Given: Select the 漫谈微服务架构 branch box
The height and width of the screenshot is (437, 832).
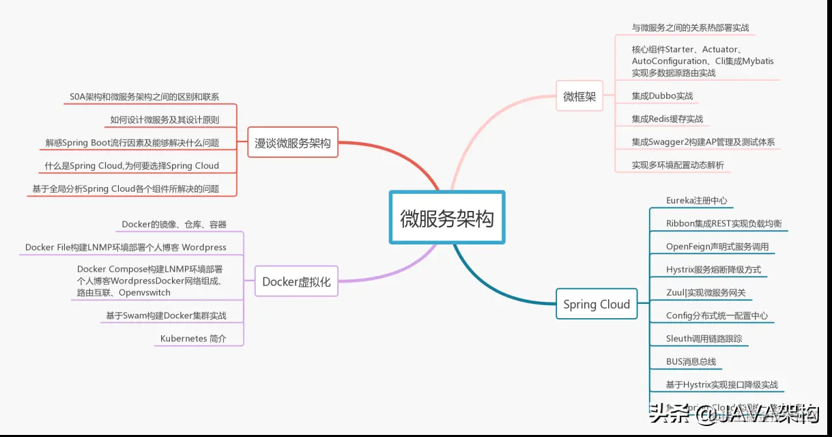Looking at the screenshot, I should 292,143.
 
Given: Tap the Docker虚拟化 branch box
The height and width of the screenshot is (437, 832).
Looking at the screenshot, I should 296,282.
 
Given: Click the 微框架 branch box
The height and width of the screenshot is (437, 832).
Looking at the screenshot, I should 579,97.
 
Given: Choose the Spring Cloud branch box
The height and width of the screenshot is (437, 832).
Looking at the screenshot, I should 596,305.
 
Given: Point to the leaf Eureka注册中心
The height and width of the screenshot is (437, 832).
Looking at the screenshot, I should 696,201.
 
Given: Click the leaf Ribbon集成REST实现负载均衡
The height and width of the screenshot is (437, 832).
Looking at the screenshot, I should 723,224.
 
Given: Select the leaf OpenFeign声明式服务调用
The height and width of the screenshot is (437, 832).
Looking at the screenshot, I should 717,246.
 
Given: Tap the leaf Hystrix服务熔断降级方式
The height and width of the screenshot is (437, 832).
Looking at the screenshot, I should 713,270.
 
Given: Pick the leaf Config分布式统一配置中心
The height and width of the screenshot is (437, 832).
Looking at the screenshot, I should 717,315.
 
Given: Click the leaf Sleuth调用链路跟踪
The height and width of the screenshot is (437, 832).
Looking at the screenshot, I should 704,339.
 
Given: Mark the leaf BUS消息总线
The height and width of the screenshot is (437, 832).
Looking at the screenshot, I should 691,362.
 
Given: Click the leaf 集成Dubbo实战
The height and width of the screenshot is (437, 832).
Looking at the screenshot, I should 662,96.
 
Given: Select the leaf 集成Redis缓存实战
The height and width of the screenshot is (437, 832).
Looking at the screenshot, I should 667,119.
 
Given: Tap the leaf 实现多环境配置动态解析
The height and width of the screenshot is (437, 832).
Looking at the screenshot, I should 678,165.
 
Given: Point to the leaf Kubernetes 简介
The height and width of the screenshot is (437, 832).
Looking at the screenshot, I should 193,339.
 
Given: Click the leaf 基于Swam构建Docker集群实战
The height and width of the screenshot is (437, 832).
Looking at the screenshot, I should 166,316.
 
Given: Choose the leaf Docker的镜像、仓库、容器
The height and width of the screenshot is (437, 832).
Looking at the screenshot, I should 174,225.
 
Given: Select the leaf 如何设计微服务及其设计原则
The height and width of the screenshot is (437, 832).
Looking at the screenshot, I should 164,120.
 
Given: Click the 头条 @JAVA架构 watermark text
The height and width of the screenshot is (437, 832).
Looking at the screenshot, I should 734,412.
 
